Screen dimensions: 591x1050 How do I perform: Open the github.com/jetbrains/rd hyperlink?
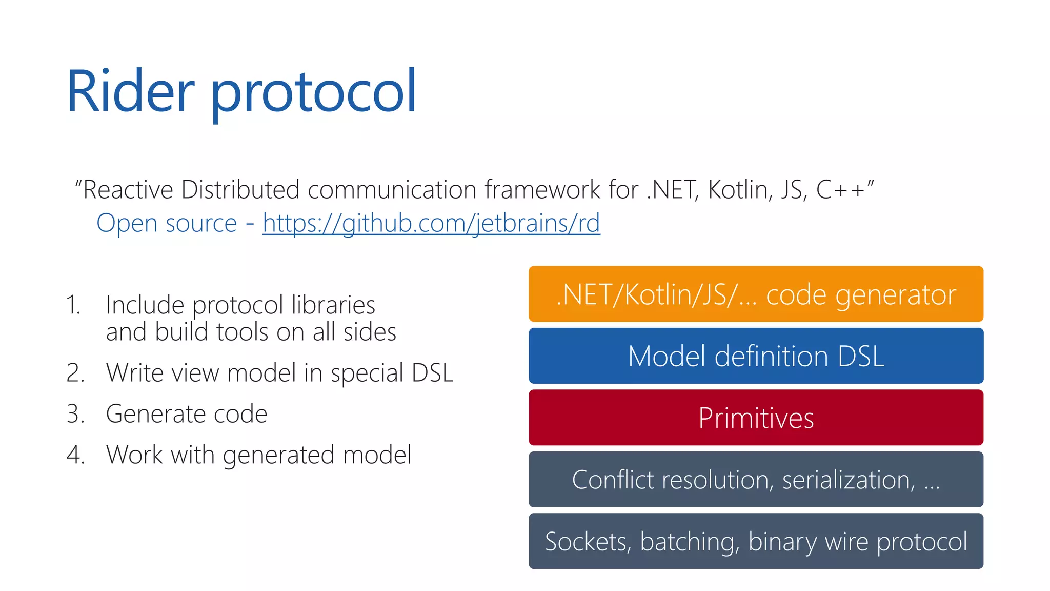431,223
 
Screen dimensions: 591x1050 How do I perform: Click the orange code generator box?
756,294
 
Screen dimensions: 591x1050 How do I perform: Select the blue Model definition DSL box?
756,356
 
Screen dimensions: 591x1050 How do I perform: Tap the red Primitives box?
756,418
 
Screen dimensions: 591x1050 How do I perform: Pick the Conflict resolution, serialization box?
756,480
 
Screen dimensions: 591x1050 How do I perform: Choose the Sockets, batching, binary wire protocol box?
756,541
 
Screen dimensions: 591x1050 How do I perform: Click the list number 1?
73,305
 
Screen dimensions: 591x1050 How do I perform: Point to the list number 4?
75,455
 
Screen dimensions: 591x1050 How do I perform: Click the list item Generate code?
186,413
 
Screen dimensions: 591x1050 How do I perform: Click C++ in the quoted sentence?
840,190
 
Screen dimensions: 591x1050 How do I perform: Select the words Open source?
167,223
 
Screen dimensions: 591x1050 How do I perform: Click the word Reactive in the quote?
128,190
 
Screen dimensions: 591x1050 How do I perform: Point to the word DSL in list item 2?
432,373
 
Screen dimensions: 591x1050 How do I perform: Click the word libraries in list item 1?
333,305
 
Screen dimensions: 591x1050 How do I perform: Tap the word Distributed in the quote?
240,190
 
